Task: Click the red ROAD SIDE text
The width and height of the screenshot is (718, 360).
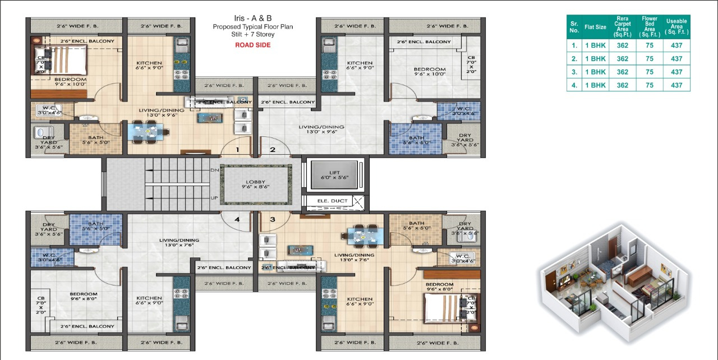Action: [x=252, y=45]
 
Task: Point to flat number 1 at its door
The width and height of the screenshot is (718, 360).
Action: [x=237, y=150]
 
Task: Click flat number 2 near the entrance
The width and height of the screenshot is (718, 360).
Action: [x=273, y=150]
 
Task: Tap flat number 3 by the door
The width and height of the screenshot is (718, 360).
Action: [x=273, y=219]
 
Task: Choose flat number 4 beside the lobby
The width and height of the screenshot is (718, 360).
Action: [x=237, y=219]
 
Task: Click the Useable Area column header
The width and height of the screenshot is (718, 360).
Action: [x=676, y=26]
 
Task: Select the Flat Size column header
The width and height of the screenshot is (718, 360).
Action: [x=595, y=27]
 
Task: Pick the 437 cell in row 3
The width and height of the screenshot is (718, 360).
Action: [x=676, y=72]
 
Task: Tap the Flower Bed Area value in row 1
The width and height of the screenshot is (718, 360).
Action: [x=649, y=45]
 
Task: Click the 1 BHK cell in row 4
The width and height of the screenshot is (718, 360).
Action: [x=595, y=85]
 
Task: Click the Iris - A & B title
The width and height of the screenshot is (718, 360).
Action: [x=252, y=18]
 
